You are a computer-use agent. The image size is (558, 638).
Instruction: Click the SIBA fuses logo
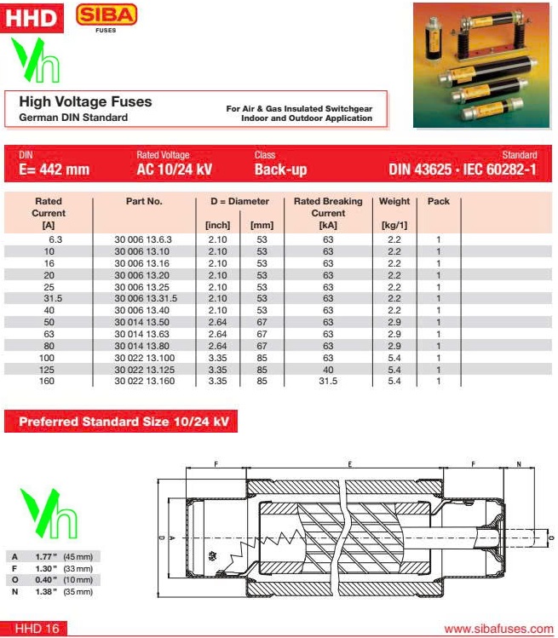[x=106, y=17]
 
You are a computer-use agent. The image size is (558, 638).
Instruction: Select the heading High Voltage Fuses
[x=85, y=101]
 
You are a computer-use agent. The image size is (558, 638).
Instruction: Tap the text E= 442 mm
[x=54, y=170]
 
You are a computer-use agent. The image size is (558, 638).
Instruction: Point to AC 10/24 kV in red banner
[x=174, y=170]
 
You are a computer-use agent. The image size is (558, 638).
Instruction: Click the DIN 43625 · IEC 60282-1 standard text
[x=463, y=170]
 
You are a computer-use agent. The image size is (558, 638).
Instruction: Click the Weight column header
[x=394, y=202]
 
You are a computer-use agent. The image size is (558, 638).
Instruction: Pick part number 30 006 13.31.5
[x=146, y=299]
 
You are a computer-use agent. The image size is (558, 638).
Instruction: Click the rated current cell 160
[x=49, y=381]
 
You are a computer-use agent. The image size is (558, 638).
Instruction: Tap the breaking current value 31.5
[x=328, y=381]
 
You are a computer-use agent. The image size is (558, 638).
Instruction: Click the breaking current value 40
[x=328, y=369]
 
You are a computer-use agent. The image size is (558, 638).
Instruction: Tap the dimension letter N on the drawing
[x=518, y=465]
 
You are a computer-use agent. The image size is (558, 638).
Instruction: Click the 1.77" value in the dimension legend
[x=44, y=556]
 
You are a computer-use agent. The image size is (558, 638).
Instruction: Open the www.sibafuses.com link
[x=498, y=629]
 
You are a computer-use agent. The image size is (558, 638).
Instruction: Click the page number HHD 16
[x=37, y=629]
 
